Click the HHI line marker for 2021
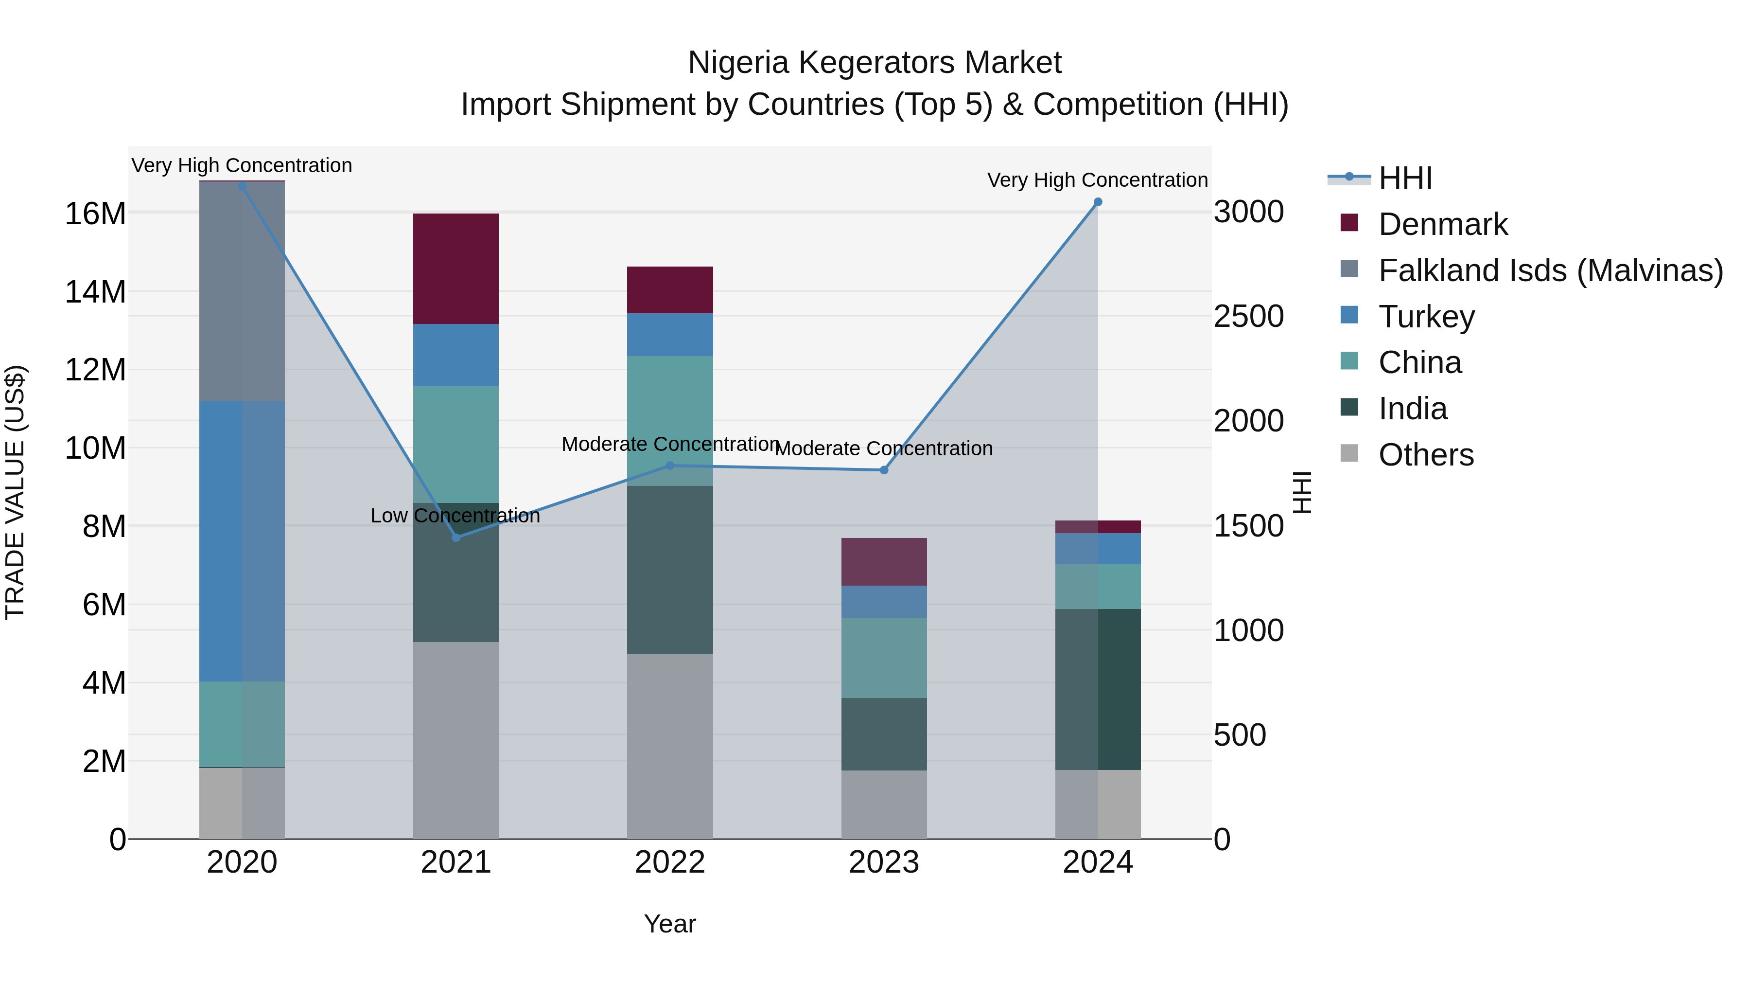(x=456, y=537)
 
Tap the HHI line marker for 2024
(x=1098, y=202)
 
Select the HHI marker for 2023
(x=884, y=470)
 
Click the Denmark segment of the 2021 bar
(x=456, y=269)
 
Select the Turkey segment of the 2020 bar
(x=242, y=540)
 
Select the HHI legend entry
(x=1405, y=178)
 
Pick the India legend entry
(x=1412, y=409)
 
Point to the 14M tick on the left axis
(x=95, y=292)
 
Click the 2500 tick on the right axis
(x=1249, y=317)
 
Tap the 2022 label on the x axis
(x=670, y=862)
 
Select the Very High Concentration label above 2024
(x=1097, y=180)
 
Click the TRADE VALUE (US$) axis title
(x=15, y=492)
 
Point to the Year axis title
(x=670, y=924)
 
